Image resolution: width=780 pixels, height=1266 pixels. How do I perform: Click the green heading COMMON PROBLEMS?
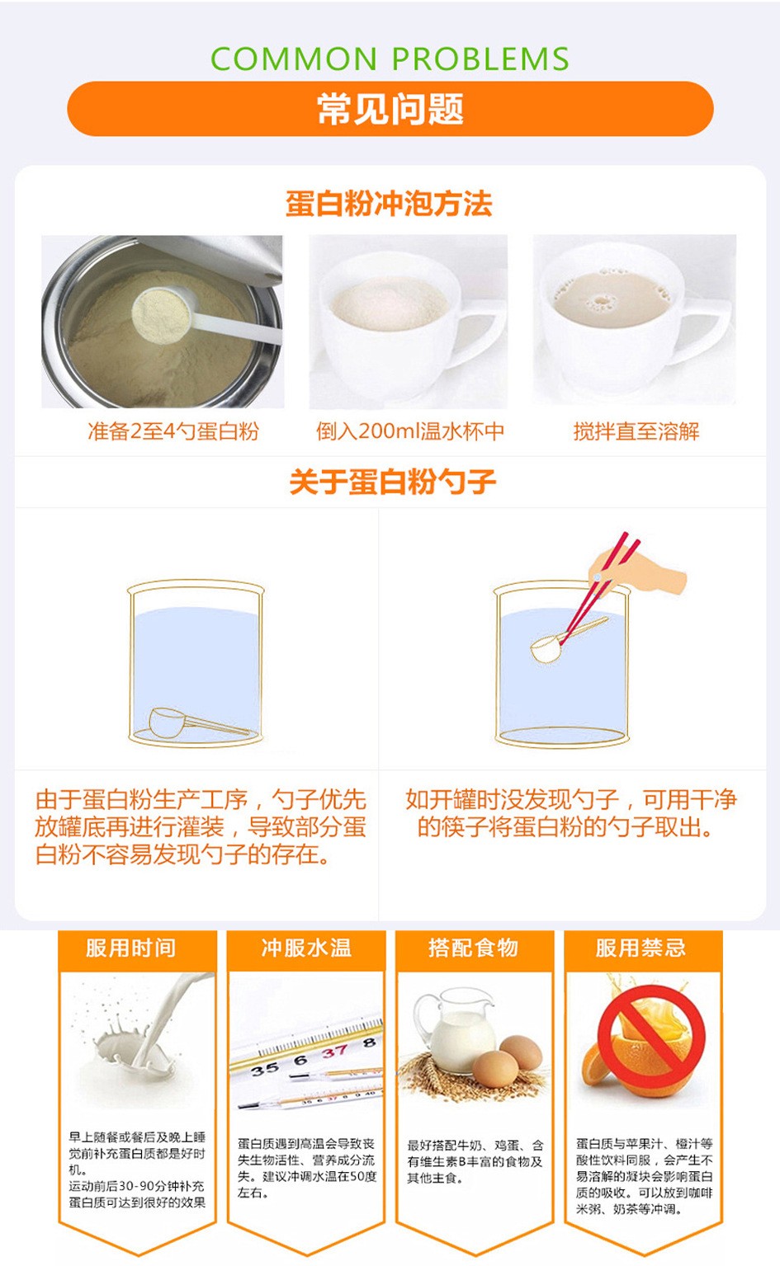pyautogui.click(x=390, y=59)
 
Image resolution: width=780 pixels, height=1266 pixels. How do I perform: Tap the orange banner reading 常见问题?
pyautogui.click(x=390, y=109)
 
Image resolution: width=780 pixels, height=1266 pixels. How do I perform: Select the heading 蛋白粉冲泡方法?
pyautogui.click(x=389, y=204)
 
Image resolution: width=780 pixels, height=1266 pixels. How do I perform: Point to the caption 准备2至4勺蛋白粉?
pyautogui.click(x=173, y=431)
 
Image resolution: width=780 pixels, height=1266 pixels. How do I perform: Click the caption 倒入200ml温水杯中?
pyautogui.click(x=409, y=431)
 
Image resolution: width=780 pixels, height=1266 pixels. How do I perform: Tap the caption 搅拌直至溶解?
pyautogui.click(x=636, y=431)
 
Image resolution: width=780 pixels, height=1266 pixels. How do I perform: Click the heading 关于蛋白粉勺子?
pyautogui.click(x=393, y=482)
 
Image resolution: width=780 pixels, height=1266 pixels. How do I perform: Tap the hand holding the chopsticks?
pyautogui.click(x=636, y=571)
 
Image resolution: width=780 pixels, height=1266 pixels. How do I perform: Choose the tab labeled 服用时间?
pyautogui.click(x=130, y=948)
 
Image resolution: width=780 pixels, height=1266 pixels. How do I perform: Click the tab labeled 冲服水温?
pyautogui.click(x=306, y=948)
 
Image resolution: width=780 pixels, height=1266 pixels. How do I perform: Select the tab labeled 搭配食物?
pyautogui.click(x=474, y=948)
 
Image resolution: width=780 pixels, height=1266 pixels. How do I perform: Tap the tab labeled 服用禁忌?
pyautogui.click(x=641, y=948)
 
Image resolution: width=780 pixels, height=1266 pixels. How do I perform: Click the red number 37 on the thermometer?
pyautogui.click(x=335, y=1052)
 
